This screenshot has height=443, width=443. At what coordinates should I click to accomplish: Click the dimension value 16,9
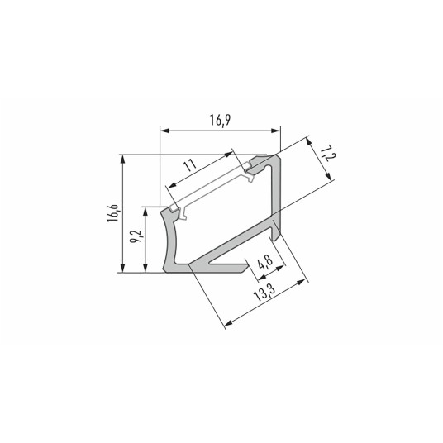coord(219,121)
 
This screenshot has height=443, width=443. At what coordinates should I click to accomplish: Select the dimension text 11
coord(191,165)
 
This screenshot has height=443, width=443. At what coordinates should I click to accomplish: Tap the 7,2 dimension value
coord(327,154)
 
